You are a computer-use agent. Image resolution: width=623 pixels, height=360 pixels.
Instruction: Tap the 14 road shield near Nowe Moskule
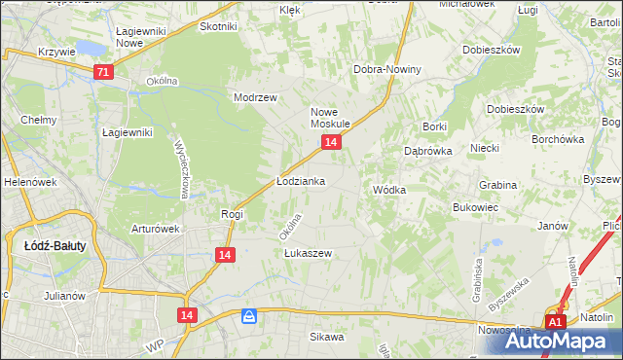pyautogui.click(x=332, y=142)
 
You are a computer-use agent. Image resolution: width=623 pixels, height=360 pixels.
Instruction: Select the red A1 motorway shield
pyautogui.click(x=555, y=322)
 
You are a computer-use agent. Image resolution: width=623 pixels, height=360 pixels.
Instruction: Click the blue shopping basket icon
pyautogui.click(x=250, y=316)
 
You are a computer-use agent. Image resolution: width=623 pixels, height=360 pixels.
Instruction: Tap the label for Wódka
pyautogui.click(x=388, y=190)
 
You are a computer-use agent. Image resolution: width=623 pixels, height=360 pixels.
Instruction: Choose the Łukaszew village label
pyautogui.click(x=309, y=253)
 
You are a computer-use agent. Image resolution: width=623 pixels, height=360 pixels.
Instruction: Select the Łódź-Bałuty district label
pyautogui.click(x=55, y=246)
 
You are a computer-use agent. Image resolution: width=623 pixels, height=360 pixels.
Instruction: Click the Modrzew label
pyautogui.click(x=256, y=97)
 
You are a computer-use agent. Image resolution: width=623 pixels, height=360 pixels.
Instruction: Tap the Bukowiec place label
pyautogui.click(x=476, y=207)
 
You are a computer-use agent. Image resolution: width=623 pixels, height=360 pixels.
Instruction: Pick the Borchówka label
pyautogui.click(x=558, y=139)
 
